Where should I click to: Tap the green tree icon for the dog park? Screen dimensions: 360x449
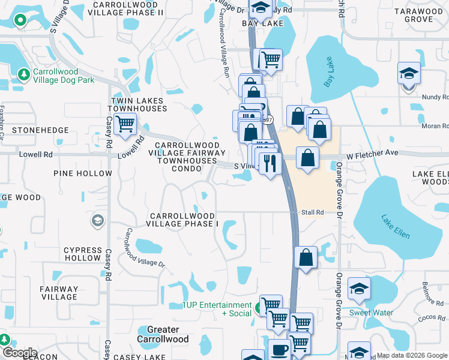pyautogui.click(x=23, y=74)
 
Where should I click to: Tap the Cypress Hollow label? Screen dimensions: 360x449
pyautogui.click(x=83, y=254)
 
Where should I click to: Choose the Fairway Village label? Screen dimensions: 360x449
pyautogui.click(x=59, y=293)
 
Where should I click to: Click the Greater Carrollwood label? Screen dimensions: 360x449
pyautogui.click(x=163, y=334)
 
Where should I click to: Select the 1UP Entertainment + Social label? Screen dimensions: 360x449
pyautogui.click(x=218, y=309)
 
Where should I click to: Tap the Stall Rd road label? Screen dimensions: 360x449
pyautogui.click(x=312, y=212)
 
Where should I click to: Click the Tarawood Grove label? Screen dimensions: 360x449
pyautogui.click(x=418, y=15)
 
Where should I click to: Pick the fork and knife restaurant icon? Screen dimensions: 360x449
pyautogui.click(x=270, y=162)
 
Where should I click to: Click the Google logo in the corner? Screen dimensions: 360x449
pyautogui.click(x=19, y=352)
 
